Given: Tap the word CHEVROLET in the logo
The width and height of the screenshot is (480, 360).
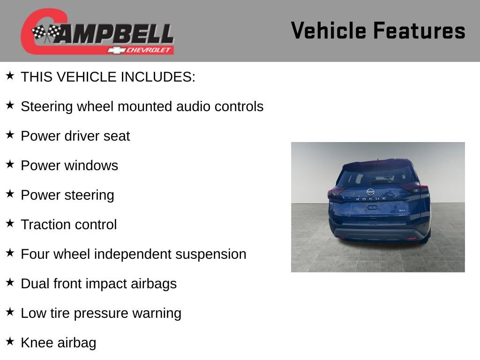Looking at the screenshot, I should point(150,50).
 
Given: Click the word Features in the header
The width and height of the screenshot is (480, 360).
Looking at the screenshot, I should point(419,31).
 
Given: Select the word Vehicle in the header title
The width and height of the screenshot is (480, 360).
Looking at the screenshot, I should point(328,31).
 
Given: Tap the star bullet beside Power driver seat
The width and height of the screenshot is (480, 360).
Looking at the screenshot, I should point(10,135).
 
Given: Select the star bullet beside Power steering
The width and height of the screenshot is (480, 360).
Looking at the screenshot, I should point(10,194).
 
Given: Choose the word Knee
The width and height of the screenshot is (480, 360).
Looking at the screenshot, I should point(37,343).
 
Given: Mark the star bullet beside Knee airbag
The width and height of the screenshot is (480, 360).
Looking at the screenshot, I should point(10,342).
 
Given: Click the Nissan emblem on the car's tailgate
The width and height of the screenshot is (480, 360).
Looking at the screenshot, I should point(370,191).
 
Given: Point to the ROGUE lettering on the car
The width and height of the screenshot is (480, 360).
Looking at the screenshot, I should point(371,199).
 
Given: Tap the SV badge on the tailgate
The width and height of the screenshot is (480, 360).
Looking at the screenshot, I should point(401,211).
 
